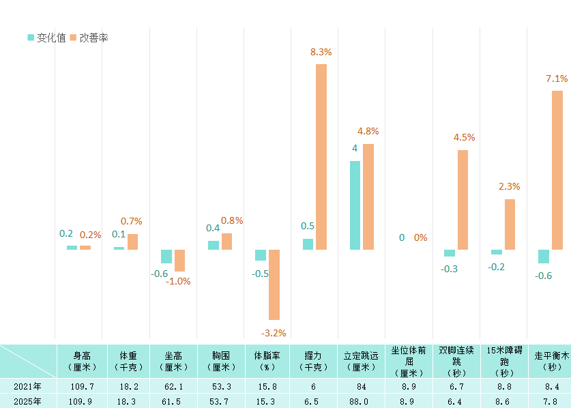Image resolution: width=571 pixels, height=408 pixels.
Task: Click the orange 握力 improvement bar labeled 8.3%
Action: [321, 157]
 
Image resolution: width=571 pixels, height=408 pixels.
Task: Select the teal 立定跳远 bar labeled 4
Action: [355, 205]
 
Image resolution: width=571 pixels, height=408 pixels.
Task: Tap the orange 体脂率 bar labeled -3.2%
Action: [274, 285]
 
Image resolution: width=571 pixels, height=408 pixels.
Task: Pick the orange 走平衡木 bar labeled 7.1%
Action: [557, 170]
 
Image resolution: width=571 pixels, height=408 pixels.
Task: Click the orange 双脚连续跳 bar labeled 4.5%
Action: [463, 200]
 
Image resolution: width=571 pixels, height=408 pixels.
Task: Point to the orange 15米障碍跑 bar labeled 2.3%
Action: [510, 224]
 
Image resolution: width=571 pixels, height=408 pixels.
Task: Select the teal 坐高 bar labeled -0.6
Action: [166, 257]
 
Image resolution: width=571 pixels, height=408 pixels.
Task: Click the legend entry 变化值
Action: [46, 38]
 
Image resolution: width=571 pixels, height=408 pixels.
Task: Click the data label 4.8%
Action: [368, 131]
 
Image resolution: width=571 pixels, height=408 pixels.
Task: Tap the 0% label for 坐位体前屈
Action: [420, 237]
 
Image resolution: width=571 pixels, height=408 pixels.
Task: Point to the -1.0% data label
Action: [178, 281]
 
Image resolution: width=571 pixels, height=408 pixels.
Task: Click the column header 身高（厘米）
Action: [79, 361]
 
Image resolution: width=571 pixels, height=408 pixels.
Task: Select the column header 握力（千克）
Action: [314, 361]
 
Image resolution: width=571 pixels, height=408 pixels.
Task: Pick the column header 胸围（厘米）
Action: [220, 361]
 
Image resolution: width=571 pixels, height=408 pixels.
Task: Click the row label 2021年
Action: [27, 387]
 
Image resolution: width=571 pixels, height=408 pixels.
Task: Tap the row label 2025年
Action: [27, 401]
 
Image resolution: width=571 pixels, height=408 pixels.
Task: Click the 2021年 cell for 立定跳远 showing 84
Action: [362, 387]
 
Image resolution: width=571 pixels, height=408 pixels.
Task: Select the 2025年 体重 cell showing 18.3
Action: [126, 401]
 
